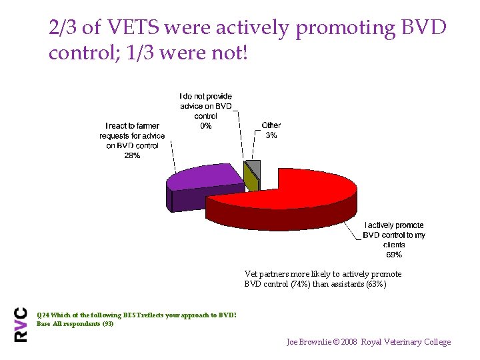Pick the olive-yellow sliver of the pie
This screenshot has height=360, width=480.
click(250, 179)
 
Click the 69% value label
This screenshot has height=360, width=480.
click(394, 254)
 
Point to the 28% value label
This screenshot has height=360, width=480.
click(132, 155)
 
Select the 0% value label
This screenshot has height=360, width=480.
click(206, 125)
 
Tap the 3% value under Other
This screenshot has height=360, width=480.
click(271, 135)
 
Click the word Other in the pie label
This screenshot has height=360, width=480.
click(271, 125)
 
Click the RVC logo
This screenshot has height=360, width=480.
click(21, 324)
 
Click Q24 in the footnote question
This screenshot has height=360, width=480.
click(43, 315)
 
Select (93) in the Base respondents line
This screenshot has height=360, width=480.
click(107, 323)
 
